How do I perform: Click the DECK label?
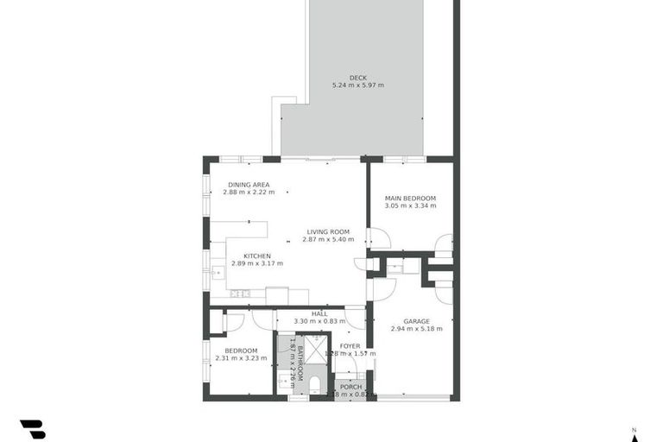357,78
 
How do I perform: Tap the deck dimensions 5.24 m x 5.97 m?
357,85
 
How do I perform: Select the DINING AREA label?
249,185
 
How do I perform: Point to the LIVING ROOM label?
328,231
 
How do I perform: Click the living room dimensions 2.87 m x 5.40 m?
328,239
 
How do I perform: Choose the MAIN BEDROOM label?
410,198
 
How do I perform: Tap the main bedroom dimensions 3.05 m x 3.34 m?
410,205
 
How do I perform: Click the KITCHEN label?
257,256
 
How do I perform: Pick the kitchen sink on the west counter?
217,273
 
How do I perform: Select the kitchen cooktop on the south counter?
239,294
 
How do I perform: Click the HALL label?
319,313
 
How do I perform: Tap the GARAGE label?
416,321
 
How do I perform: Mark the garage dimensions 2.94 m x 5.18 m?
416,329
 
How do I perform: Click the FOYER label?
350,346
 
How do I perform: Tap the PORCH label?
350,387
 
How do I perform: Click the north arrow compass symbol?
634,434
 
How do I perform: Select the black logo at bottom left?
32,428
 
